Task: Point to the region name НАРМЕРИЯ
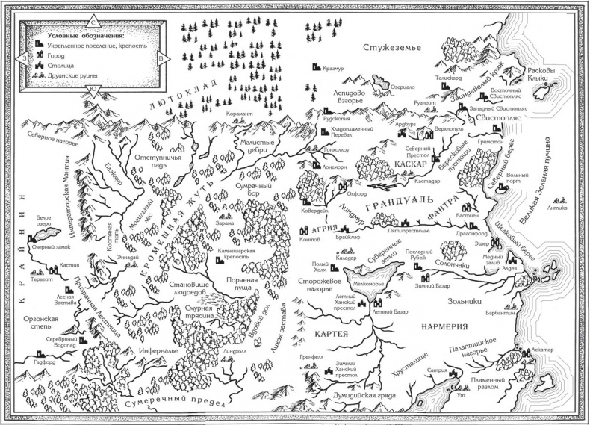[443, 326]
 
